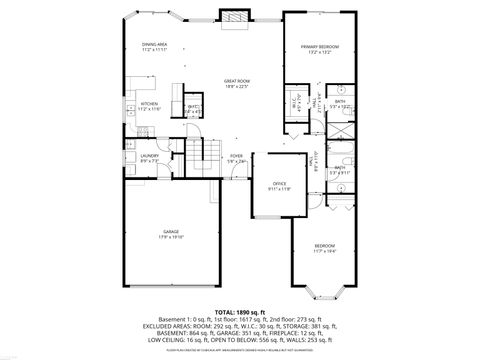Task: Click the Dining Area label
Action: click(x=154, y=45)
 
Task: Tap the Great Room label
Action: click(x=236, y=80)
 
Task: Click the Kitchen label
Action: click(x=149, y=103)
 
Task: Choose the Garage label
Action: click(x=171, y=231)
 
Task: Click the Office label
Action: click(x=280, y=184)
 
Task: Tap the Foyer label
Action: click(x=236, y=156)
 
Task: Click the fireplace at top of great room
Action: click(x=234, y=17)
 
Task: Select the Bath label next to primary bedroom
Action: click(x=340, y=101)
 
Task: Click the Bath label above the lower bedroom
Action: click(x=339, y=167)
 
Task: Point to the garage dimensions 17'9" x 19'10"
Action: click(x=171, y=237)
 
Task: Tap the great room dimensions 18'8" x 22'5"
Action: click(x=236, y=86)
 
